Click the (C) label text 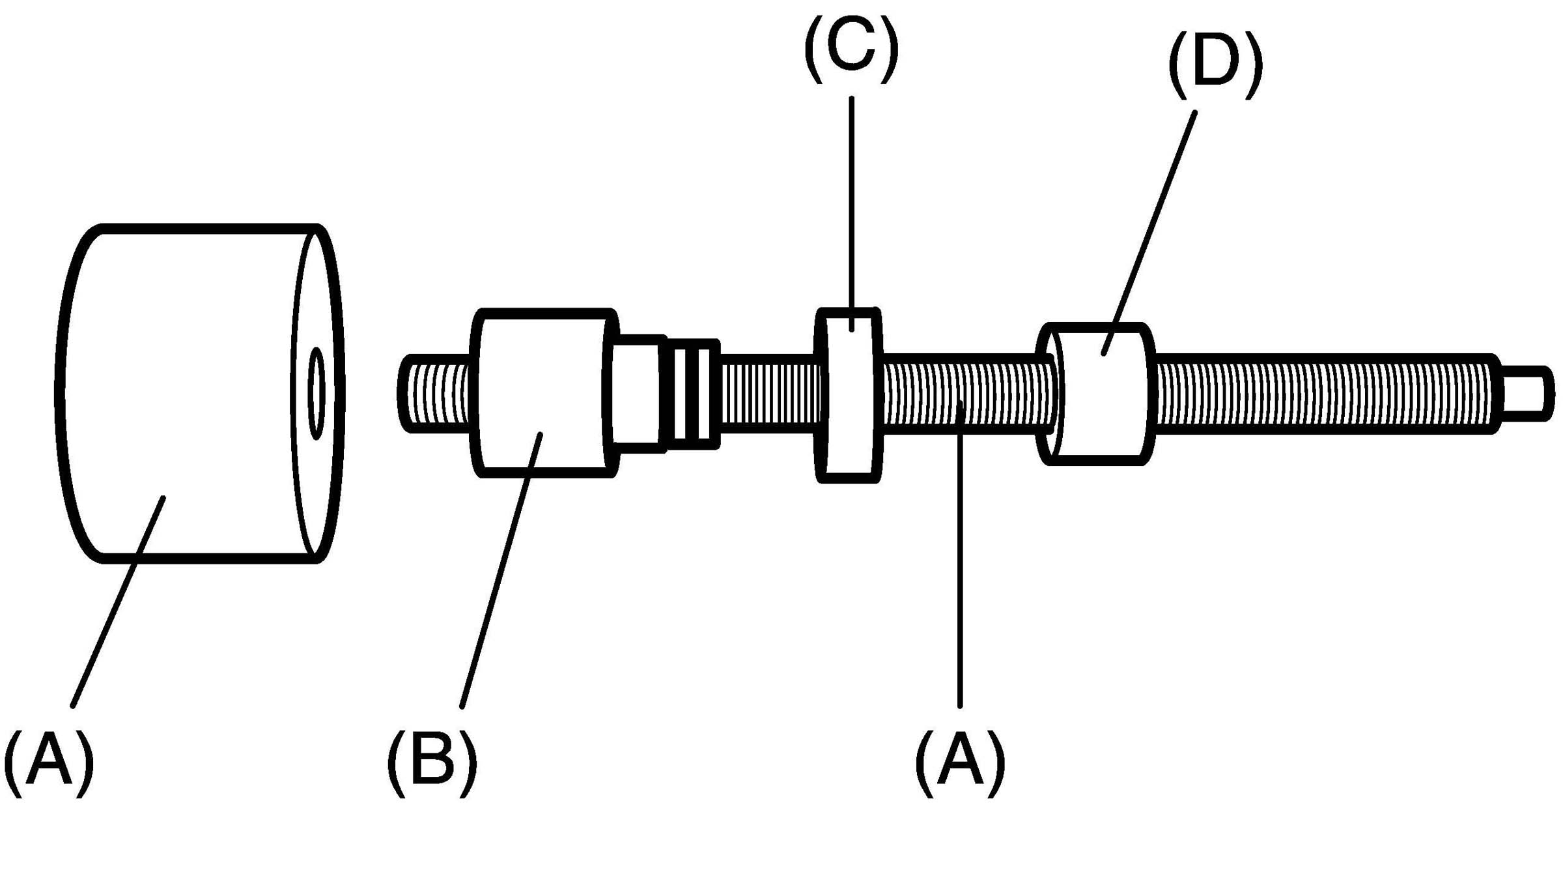[x=851, y=51]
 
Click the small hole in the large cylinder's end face [x=317, y=392]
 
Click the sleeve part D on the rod [x=1101, y=404]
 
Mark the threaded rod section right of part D [x=1322, y=393]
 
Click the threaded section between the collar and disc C [x=768, y=393]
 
